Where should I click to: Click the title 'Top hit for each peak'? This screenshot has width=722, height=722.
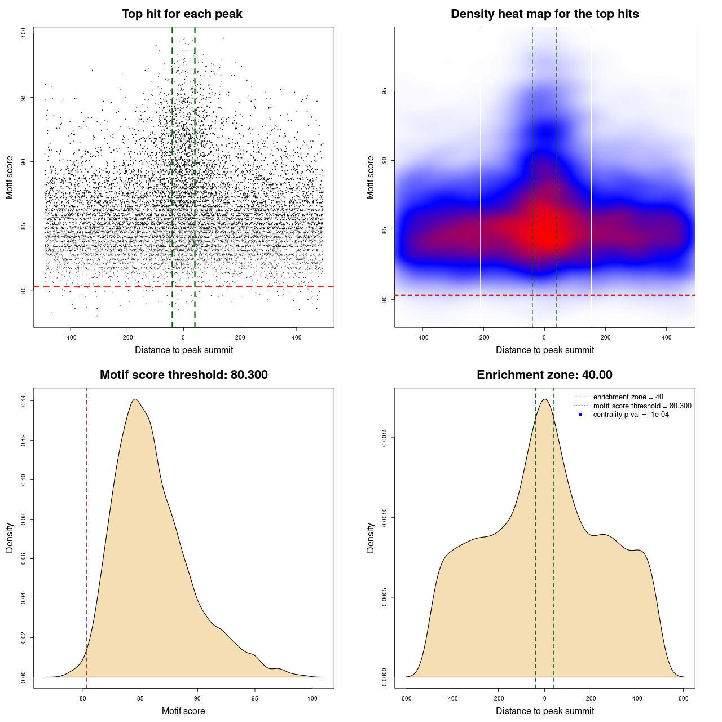[x=182, y=14]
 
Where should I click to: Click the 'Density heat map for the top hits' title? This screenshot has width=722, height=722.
[x=544, y=14]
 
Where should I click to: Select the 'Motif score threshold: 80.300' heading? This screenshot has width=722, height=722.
[x=183, y=375]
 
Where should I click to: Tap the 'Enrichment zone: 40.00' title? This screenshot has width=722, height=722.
[x=544, y=375]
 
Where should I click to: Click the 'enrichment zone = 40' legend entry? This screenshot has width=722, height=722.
[x=628, y=397]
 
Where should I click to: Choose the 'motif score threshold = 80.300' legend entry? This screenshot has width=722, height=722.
[x=642, y=406]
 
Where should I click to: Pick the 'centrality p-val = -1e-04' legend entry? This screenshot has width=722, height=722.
[x=631, y=415]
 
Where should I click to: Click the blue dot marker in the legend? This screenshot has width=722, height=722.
[x=580, y=415]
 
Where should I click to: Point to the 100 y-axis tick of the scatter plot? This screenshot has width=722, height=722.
[x=23, y=33]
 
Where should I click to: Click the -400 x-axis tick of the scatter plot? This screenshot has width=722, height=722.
[x=71, y=337]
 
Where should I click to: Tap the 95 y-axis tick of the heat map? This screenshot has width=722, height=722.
[x=384, y=91]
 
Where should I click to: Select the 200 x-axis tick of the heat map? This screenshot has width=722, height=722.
[x=605, y=337]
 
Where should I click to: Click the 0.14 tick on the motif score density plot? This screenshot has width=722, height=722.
[x=23, y=401]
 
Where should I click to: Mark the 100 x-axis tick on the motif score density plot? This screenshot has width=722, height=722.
[x=312, y=698]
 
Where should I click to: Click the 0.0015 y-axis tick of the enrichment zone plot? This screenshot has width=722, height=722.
[x=384, y=438]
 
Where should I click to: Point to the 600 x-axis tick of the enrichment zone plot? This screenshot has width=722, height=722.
[x=684, y=698]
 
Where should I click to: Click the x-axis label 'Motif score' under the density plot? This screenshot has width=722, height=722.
[x=183, y=711]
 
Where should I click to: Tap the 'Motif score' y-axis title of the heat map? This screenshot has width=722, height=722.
[x=371, y=177]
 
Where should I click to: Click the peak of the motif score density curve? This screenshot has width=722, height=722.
[x=135, y=399]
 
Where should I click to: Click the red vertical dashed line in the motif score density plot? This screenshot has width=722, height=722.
[x=86, y=536]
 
